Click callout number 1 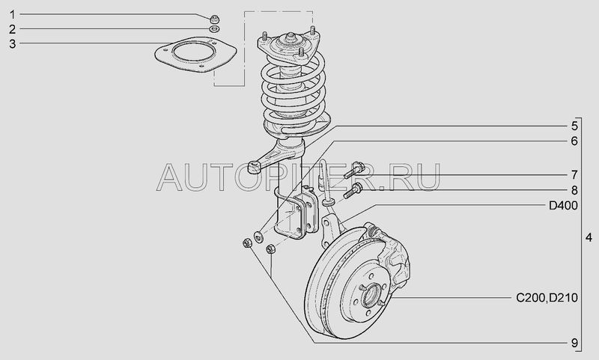coord(13,15)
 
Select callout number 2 coord(13,29)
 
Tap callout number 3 coord(13,44)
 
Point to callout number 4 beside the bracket coord(589,237)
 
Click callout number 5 coord(574,126)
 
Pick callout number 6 coord(574,141)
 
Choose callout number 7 coord(574,175)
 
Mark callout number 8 coord(574,190)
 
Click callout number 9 coord(574,343)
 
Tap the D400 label coord(563,206)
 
